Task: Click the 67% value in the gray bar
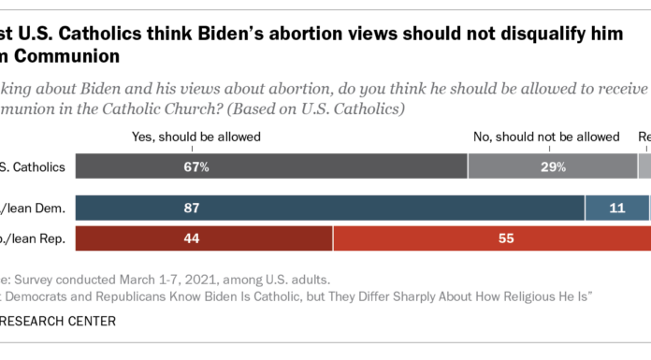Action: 195,168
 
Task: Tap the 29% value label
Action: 553,168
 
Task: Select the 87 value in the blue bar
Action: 195,209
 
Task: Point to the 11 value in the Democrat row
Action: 616,209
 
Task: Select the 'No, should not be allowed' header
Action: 546,137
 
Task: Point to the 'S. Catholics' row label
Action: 33,168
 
